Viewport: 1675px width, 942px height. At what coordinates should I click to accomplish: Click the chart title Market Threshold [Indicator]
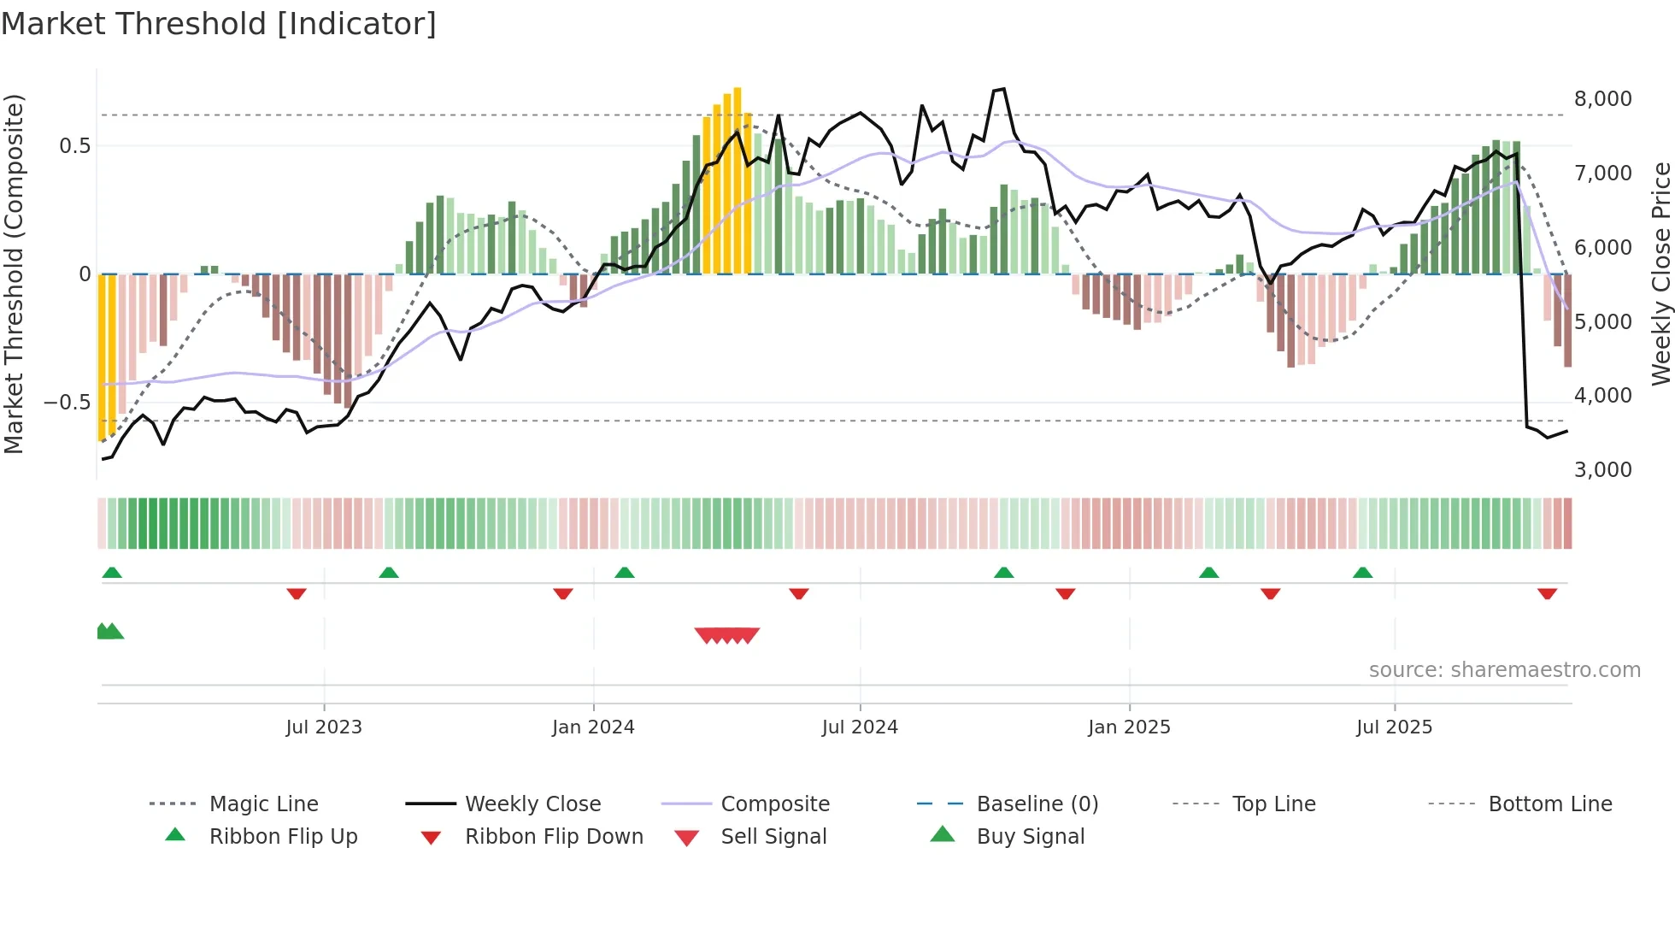tap(219, 24)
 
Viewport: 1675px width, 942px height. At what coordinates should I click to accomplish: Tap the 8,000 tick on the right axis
tap(1602, 99)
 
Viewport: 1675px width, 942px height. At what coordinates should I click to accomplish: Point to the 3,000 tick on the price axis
tap(1602, 470)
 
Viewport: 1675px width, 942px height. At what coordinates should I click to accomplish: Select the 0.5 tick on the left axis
tap(74, 146)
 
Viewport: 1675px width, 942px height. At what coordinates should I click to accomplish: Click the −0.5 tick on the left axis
tap(68, 403)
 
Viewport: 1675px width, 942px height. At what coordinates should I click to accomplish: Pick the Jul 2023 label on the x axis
tap(324, 727)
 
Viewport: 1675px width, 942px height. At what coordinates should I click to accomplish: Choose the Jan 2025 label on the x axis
tap(1129, 727)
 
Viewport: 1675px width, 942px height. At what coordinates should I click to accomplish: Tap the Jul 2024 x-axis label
tap(860, 727)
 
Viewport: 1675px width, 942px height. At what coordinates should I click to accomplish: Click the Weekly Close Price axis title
tap(1660, 274)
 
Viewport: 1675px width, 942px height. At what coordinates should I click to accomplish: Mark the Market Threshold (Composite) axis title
tap(14, 274)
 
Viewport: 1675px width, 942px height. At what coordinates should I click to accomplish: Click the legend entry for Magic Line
tap(263, 804)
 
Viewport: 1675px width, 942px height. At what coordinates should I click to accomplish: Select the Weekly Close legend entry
tap(532, 804)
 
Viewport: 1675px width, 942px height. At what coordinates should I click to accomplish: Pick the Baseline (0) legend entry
tap(1037, 804)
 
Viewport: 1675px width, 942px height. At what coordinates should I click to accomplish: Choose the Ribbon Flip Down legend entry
tap(554, 837)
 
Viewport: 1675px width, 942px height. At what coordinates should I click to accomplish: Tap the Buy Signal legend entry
tap(1030, 837)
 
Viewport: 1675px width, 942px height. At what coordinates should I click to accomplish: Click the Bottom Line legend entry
tap(1549, 804)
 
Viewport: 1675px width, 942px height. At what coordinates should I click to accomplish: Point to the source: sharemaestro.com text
tap(1504, 670)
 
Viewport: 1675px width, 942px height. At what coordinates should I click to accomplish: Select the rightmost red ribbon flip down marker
tap(1547, 593)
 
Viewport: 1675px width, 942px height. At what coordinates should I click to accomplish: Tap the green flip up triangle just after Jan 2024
tap(625, 573)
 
